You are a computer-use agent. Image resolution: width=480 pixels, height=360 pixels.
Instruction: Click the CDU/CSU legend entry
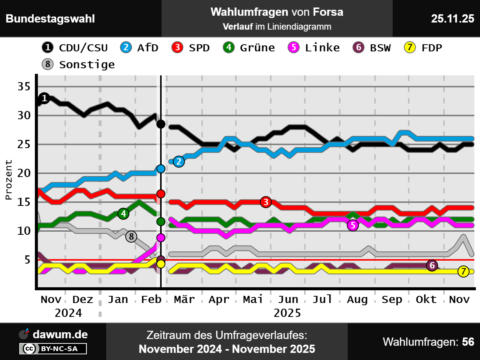(75, 48)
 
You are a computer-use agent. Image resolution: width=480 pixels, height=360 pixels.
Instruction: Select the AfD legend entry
(139, 48)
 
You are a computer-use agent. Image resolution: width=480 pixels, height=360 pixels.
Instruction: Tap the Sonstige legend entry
(78, 64)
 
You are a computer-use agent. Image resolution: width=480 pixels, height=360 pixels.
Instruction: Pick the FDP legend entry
(423, 48)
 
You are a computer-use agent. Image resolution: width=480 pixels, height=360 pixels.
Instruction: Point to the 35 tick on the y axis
(24, 87)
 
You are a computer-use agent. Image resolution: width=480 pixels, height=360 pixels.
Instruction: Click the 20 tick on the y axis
(24, 173)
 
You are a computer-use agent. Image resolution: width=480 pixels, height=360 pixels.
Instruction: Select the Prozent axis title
(9, 180)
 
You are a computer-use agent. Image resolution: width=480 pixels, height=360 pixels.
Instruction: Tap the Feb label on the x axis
(151, 300)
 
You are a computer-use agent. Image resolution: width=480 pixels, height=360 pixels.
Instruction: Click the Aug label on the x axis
(357, 300)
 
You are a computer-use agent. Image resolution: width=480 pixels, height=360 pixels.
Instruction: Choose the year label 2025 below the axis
(287, 313)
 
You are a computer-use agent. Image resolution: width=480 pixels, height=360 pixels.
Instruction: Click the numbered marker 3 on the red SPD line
(266, 202)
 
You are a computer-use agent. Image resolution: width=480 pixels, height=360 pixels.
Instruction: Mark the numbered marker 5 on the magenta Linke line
(352, 225)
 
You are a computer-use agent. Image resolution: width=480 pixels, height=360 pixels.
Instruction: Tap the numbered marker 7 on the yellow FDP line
(463, 271)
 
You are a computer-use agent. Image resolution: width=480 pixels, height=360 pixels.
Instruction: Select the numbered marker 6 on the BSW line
(432, 265)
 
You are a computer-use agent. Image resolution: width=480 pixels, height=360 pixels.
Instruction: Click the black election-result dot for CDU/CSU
(161, 124)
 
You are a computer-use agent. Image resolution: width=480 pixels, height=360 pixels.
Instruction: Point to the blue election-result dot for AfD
(161, 169)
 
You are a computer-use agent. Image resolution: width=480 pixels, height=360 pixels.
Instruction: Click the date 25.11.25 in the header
(452, 18)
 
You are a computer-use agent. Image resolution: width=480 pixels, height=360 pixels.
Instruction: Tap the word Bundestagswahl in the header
(50, 18)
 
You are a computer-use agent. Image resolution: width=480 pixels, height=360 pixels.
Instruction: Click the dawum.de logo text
(60, 334)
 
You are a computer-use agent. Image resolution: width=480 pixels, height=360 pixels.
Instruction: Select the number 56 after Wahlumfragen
(468, 342)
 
